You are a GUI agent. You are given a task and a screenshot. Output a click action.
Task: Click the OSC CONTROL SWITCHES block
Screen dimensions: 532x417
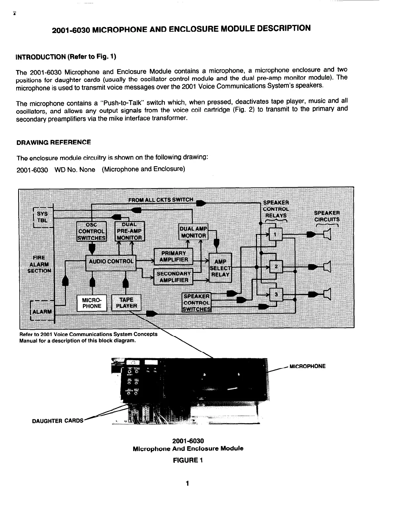coord(92,231)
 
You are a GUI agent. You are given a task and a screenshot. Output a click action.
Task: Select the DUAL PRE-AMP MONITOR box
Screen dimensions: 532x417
coord(130,231)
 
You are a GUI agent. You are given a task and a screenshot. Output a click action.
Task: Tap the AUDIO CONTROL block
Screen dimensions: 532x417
coord(111,261)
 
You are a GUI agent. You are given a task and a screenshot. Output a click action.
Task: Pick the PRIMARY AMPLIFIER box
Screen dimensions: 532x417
coord(173,256)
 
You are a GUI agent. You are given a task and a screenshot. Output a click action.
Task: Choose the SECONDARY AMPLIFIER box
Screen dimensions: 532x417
coord(173,277)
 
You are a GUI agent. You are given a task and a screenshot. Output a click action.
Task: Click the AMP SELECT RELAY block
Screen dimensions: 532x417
coord(220,268)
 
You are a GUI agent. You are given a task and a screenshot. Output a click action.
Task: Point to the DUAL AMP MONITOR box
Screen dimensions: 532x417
coord(193,232)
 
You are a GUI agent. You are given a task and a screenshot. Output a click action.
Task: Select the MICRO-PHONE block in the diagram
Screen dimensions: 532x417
coord(92,303)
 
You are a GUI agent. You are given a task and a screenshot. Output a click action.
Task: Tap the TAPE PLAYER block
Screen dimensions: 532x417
coord(127,303)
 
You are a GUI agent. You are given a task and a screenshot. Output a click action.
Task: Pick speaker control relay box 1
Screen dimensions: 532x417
coord(276,235)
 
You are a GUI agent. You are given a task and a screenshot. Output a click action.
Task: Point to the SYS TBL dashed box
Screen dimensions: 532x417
coord(42,217)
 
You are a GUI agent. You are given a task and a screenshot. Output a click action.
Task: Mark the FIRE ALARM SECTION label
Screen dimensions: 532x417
coord(39,264)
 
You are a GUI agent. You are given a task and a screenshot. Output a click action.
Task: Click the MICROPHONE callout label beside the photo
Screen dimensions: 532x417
coord(307,366)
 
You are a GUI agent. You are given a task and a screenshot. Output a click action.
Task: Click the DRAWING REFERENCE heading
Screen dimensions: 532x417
coord(54,142)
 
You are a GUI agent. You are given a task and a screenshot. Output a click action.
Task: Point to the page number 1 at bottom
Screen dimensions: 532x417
coord(187,484)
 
